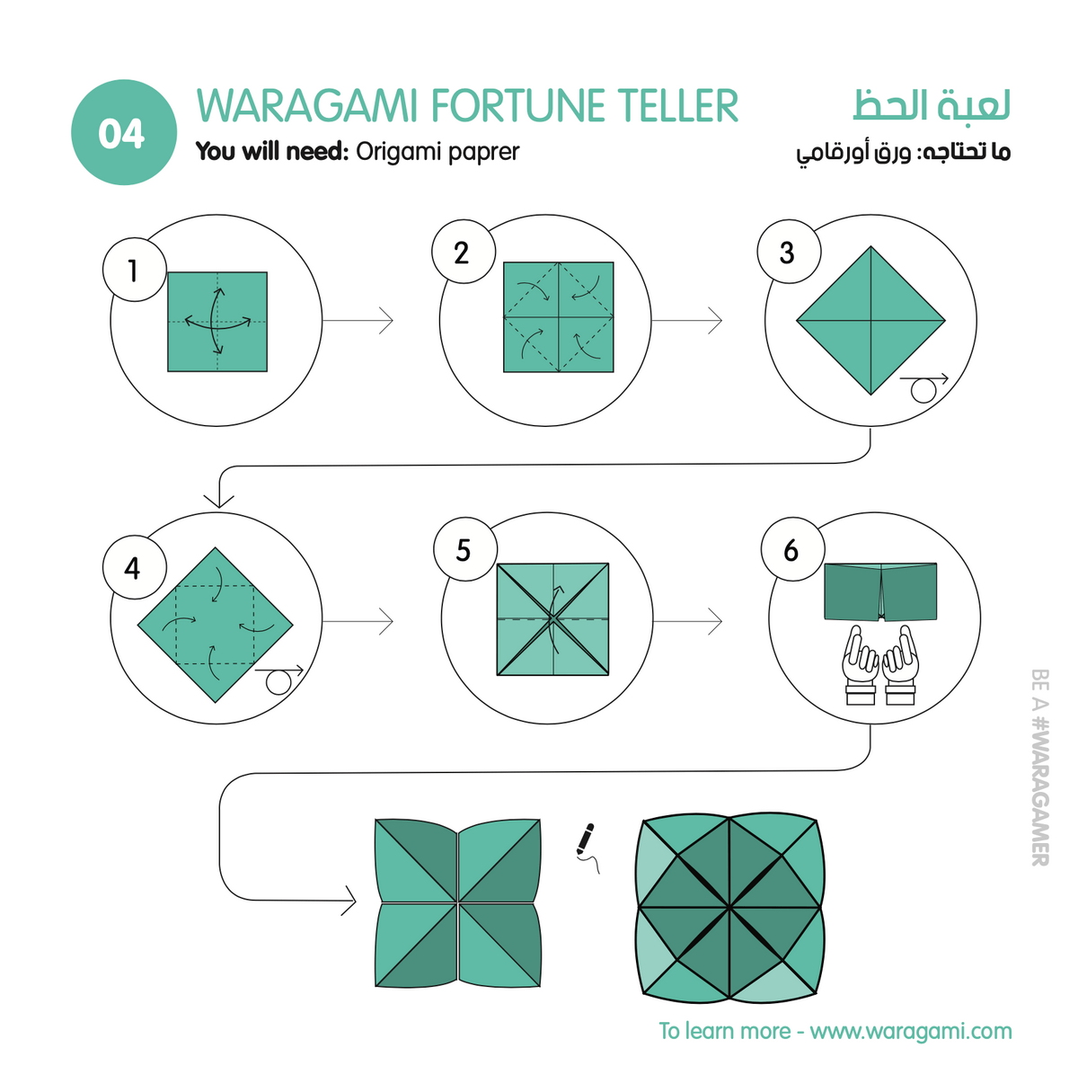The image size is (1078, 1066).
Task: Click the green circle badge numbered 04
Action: (x=124, y=132)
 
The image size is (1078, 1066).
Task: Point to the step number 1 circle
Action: (x=134, y=270)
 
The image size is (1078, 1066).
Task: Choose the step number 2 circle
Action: (x=464, y=252)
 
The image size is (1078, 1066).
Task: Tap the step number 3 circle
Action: (x=789, y=252)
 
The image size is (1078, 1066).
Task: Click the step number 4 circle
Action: (x=134, y=567)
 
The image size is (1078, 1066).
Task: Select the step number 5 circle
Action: (x=464, y=549)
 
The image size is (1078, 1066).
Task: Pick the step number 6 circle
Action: (x=792, y=549)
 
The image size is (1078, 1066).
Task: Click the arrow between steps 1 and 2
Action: (x=358, y=320)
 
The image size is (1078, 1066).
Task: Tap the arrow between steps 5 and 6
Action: (x=687, y=621)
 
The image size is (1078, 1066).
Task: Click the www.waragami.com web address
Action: (x=911, y=1031)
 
